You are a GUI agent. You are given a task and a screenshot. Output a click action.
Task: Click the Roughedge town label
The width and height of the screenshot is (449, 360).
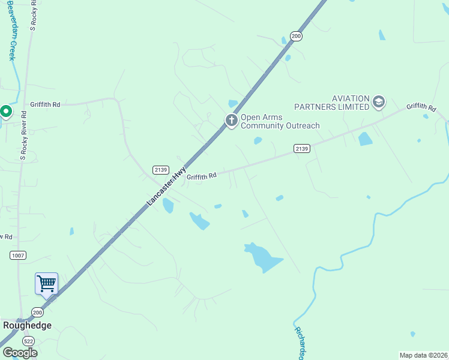coord(27,325)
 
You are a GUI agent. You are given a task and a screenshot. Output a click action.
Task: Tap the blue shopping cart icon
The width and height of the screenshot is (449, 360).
coord(46,283)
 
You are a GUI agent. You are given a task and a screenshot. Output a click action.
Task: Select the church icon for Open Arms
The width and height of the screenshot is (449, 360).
coord(231,121)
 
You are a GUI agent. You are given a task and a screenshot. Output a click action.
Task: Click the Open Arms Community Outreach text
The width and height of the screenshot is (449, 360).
coord(280,121)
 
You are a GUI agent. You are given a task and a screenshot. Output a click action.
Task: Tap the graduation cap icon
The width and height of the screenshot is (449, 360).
coord(378,103)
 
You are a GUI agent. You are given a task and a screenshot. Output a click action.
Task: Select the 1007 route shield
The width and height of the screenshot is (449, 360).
coord(18,256)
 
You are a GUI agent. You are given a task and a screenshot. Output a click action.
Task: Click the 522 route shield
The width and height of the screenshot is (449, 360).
coord(29,341)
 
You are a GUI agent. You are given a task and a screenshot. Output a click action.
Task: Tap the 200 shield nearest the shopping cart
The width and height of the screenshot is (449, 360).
coord(38,313)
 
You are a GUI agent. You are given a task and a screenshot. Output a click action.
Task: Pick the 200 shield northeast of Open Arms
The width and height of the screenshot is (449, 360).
coord(296,37)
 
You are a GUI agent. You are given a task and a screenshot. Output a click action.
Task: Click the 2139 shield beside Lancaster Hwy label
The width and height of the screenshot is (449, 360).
coord(160,169)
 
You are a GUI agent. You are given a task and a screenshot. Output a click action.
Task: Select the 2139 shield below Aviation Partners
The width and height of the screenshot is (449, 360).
coord(302,148)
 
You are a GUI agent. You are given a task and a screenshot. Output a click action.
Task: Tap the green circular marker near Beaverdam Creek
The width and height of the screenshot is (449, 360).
coord(6,112)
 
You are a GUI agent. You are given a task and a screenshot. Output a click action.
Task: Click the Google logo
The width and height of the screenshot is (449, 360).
coord(19,353)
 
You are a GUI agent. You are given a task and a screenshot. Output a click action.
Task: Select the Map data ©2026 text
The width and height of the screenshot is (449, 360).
coord(424,355)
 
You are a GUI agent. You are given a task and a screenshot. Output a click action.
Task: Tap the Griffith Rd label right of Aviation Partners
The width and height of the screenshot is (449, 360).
coord(421,107)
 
